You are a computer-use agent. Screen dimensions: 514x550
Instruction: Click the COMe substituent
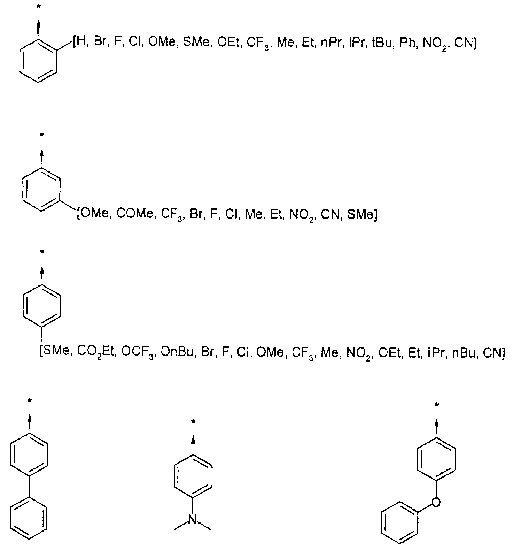(x=134, y=213)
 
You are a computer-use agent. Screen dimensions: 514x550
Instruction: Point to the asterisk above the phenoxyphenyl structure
(x=436, y=405)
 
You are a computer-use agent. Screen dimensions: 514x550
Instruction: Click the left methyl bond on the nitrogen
(x=181, y=525)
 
